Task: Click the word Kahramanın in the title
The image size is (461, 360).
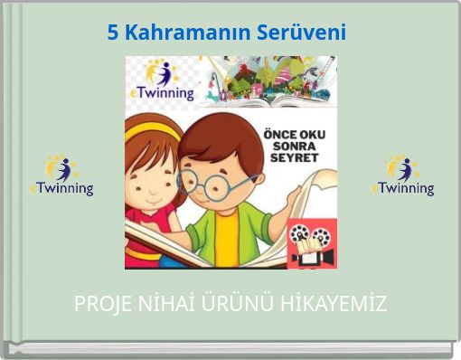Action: point(186,33)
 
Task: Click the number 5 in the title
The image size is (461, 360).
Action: point(113,33)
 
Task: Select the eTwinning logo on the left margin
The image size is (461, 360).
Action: point(61,176)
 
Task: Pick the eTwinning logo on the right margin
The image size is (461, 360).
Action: point(402,176)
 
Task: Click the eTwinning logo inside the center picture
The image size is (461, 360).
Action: point(164,81)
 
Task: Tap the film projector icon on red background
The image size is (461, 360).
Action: point(312,244)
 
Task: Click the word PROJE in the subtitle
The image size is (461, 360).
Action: point(100,304)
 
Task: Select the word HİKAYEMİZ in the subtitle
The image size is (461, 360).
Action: point(333,304)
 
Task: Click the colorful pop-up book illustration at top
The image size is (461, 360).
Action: point(271,77)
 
